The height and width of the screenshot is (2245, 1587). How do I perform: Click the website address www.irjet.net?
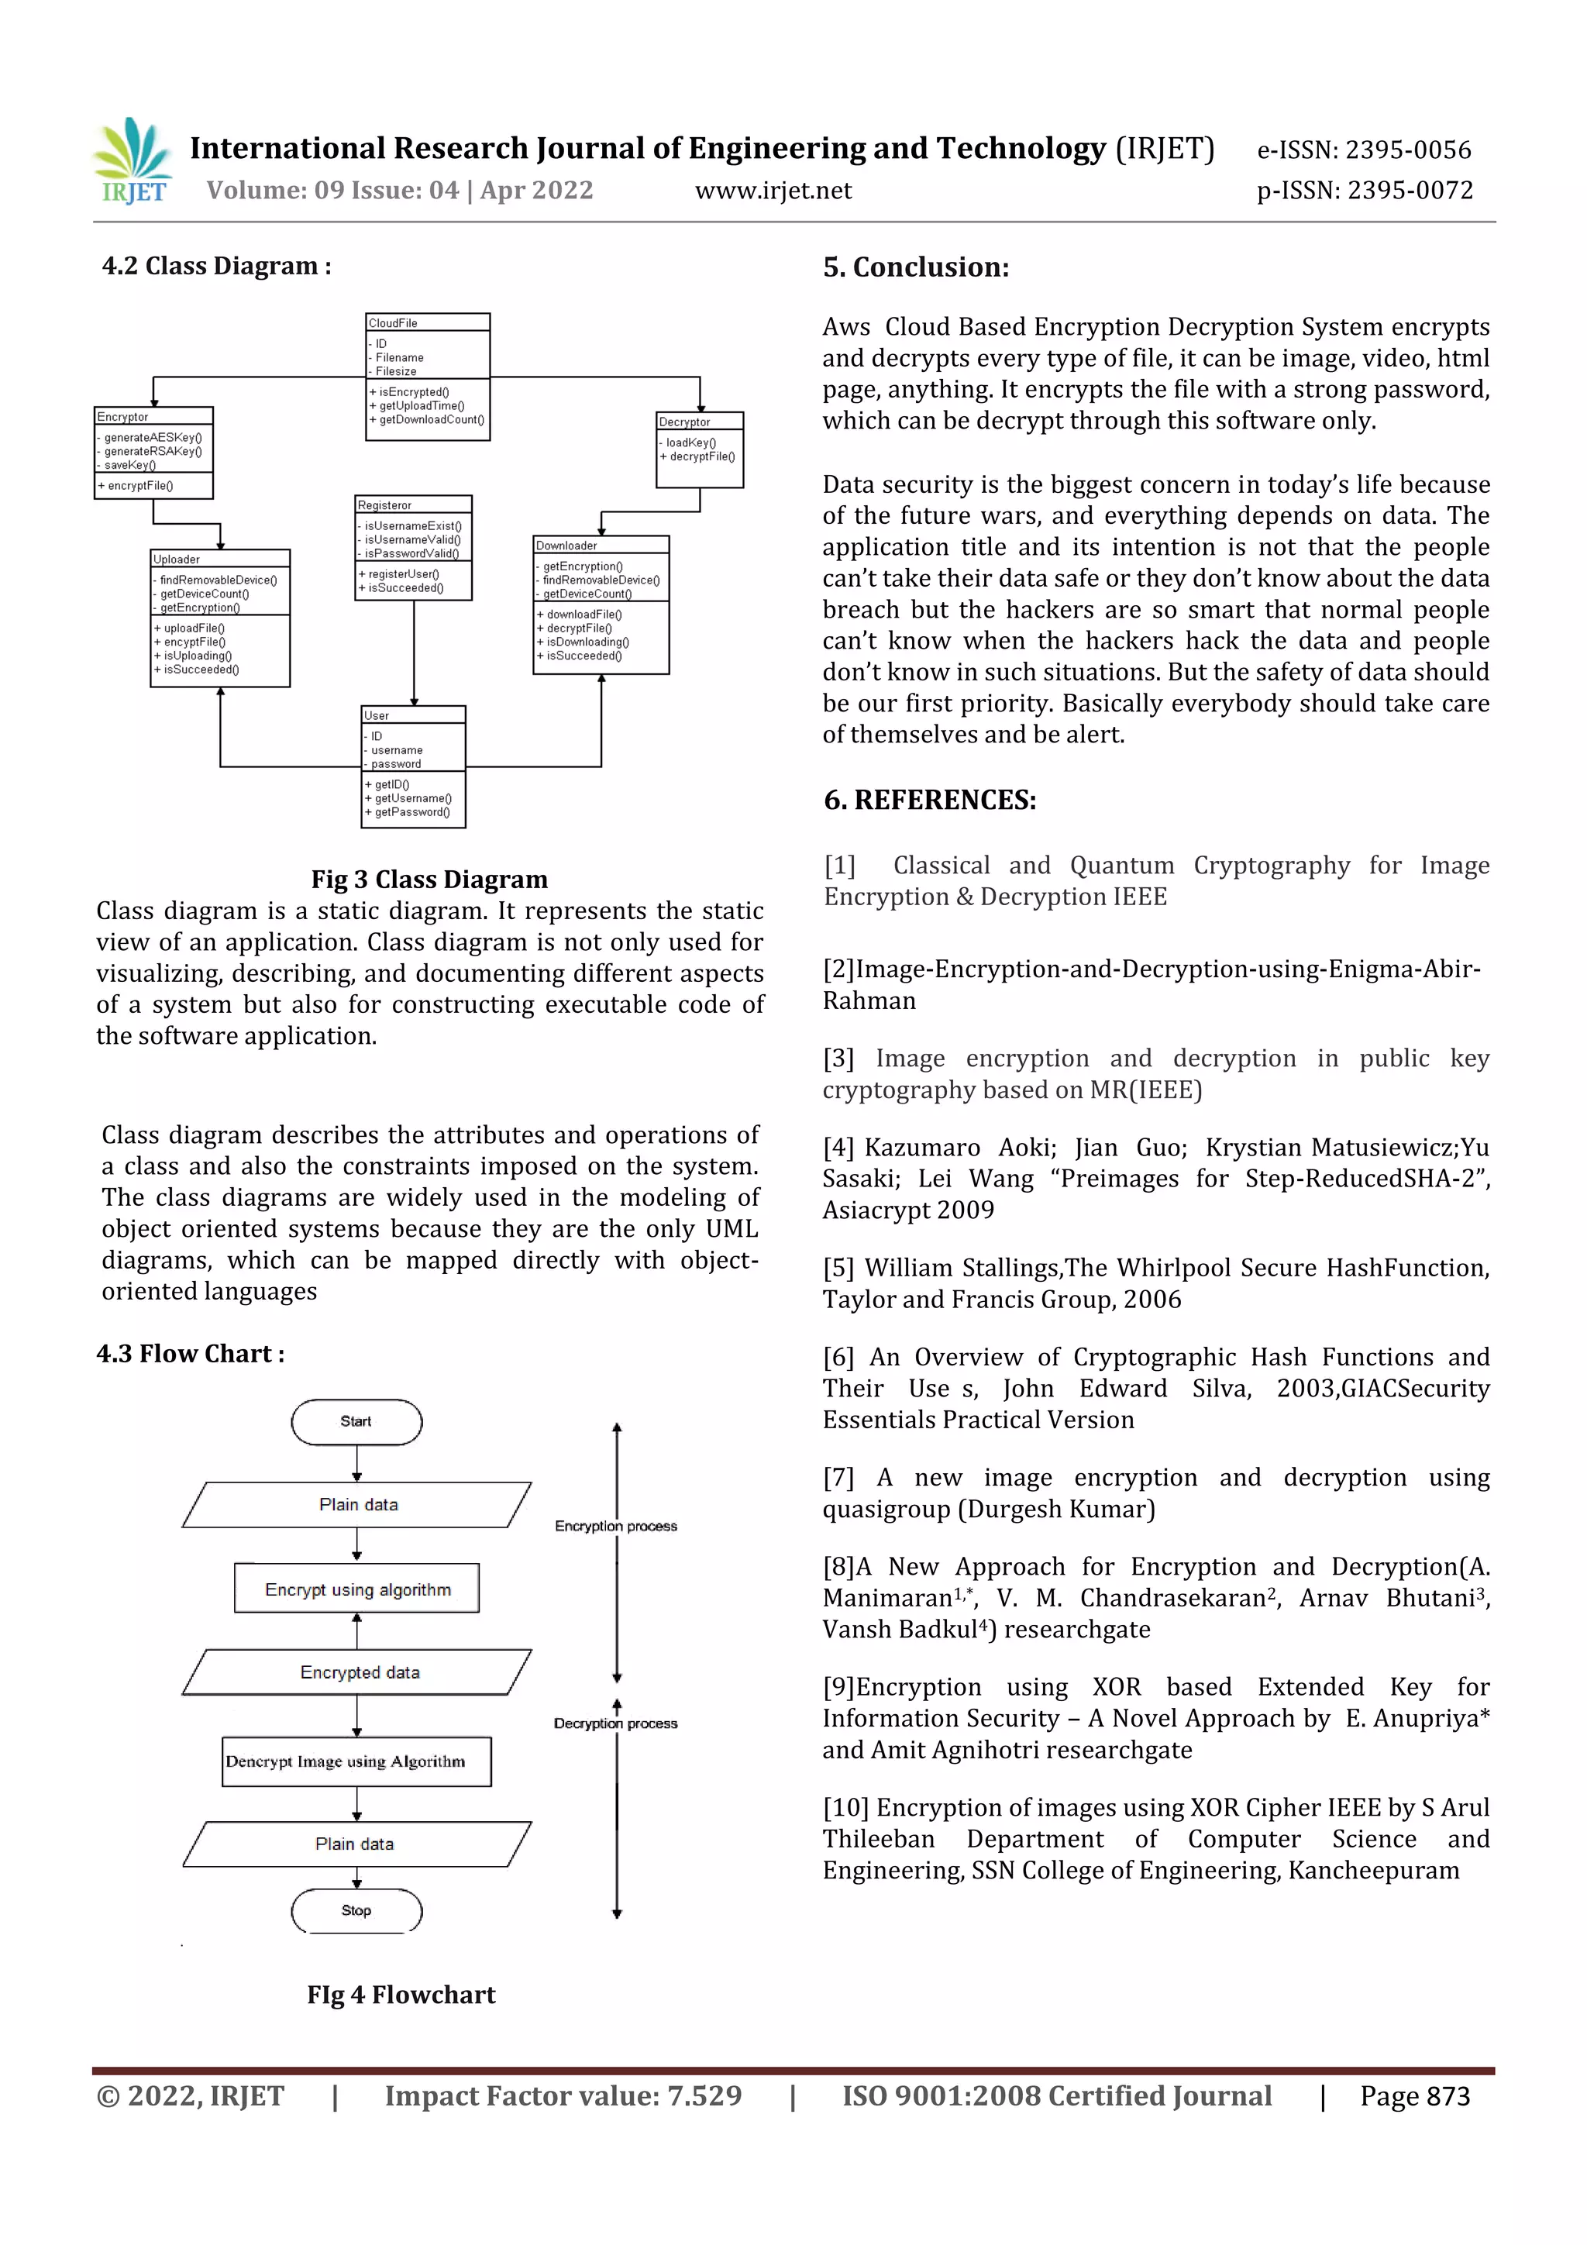pos(773,191)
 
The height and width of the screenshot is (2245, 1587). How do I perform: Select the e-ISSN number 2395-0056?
pos(1407,150)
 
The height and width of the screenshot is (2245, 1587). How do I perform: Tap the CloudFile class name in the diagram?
pos(393,322)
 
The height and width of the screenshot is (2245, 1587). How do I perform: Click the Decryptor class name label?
pos(684,422)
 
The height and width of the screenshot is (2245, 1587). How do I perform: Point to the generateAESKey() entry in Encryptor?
pos(153,437)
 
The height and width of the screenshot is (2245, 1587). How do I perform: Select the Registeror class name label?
pos(384,504)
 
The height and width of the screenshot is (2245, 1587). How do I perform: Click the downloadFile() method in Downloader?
pos(584,614)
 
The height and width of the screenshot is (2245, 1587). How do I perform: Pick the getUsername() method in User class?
pos(413,798)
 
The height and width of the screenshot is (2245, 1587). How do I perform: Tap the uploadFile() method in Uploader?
pos(194,628)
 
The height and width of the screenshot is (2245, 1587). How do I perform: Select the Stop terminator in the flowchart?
pos(356,1909)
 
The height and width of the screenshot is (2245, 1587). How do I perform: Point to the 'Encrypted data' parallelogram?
pos(359,1672)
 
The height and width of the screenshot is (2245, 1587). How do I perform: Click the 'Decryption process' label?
pos(615,1723)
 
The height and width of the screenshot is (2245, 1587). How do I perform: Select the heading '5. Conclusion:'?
pos(915,267)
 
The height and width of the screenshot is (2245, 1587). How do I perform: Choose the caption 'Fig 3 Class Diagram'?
pos(429,879)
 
